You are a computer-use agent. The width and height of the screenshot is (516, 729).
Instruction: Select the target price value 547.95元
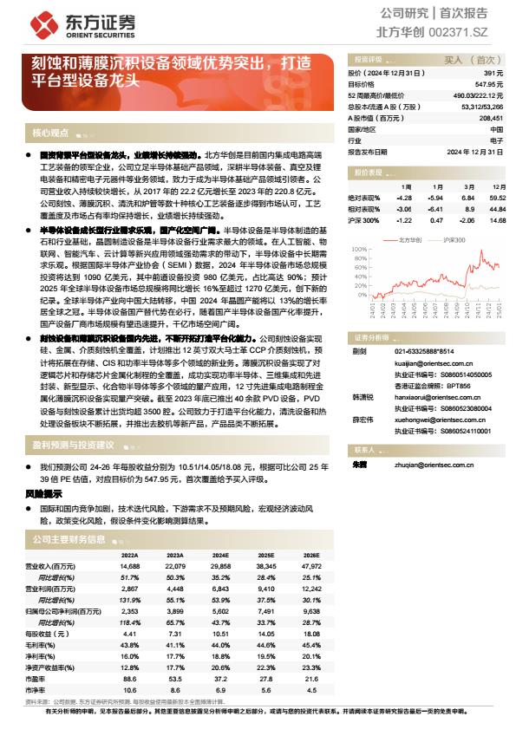[489, 85]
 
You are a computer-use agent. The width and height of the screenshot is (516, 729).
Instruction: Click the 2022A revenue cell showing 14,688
[129, 565]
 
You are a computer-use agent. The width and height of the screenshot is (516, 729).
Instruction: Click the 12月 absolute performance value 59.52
[497, 199]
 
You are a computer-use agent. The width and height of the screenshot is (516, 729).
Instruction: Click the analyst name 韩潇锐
[363, 397]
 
